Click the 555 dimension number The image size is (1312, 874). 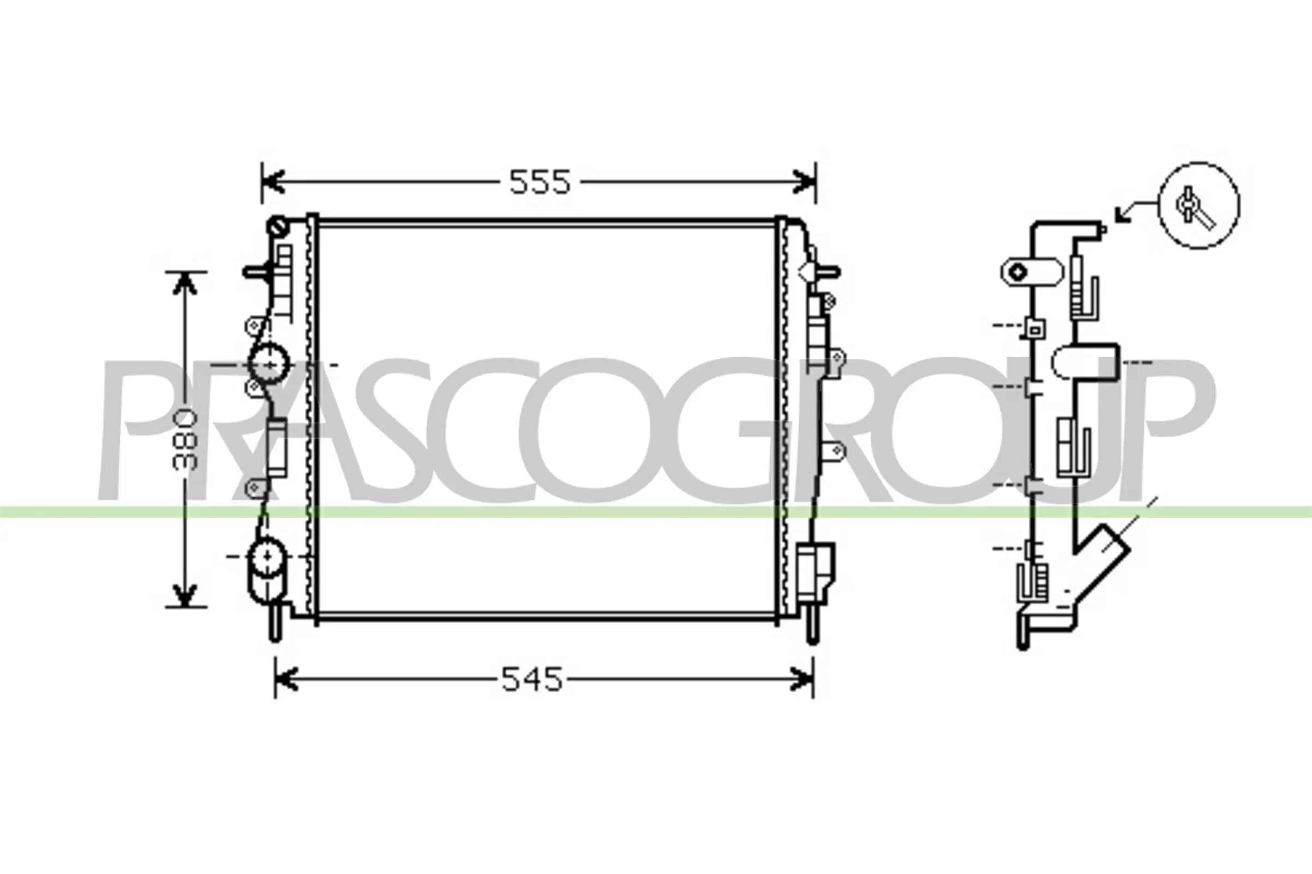(x=540, y=182)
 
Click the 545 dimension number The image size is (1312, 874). (x=531, y=680)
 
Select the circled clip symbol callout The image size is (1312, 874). (x=1199, y=206)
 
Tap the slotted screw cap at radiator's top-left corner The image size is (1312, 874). (x=278, y=227)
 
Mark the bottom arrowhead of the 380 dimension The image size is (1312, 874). (x=185, y=595)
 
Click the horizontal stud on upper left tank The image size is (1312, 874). (x=257, y=272)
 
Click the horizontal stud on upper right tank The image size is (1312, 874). (x=827, y=272)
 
